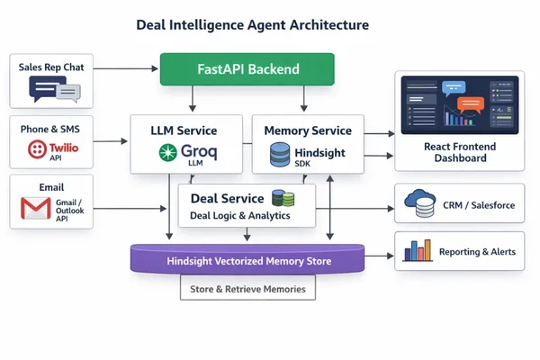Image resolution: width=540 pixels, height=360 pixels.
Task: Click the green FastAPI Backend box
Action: coord(247,69)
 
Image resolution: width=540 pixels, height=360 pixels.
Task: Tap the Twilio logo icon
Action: coord(37,149)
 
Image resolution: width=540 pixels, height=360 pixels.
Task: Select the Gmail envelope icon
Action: coord(36,208)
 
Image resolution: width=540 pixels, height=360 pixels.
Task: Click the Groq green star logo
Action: coord(168,152)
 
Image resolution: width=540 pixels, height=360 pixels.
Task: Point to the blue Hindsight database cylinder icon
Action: coord(280,155)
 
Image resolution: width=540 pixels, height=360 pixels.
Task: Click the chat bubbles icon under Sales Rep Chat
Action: coord(55,89)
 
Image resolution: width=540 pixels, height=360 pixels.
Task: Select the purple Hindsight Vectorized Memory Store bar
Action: coord(247,259)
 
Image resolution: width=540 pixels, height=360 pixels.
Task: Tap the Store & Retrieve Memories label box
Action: coord(247,288)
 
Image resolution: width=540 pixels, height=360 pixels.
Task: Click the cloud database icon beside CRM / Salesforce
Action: coord(420,203)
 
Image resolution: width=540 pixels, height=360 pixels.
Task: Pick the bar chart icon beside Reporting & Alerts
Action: coord(418,250)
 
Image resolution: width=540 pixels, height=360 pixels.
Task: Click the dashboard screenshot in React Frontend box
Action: coord(460,105)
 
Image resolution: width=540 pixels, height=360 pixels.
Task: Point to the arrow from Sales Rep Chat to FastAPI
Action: coord(126,68)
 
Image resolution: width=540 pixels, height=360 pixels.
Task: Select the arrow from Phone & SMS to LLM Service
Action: coord(110,141)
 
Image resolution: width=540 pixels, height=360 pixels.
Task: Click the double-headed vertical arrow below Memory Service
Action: coord(330,207)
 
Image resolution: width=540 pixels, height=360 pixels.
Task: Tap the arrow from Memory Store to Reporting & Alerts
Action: coord(379,256)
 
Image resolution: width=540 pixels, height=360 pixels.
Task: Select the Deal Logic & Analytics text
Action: coord(240,216)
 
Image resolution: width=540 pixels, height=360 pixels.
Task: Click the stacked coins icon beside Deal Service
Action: coord(283,198)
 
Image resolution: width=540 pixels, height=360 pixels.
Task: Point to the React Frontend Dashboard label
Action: coord(460,152)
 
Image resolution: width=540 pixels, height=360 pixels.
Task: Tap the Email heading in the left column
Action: coord(51,187)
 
